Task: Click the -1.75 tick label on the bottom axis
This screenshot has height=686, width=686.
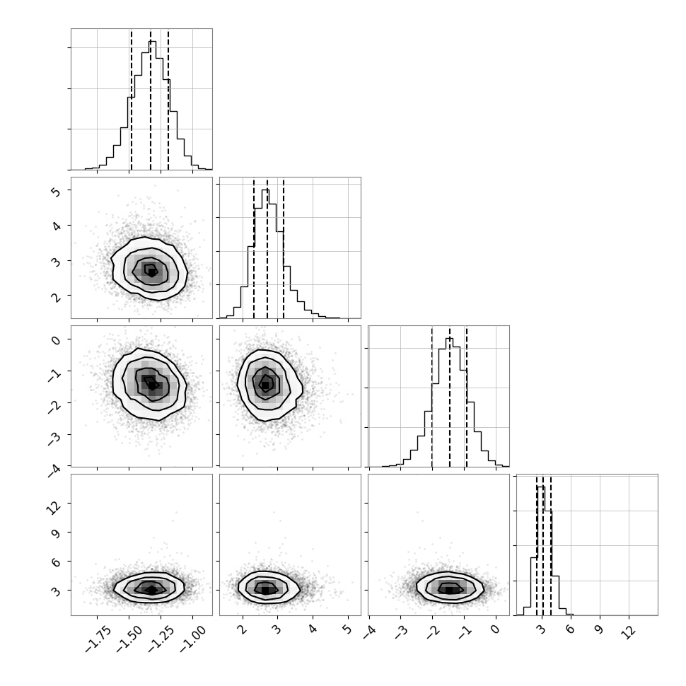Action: (98, 639)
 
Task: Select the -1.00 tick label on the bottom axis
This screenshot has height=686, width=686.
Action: (193, 639)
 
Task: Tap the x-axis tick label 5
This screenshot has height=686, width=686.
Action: (348, 629)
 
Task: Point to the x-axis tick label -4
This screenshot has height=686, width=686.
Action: (369, 630)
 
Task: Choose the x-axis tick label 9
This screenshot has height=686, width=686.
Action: (600, 629)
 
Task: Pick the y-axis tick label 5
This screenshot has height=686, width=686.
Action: (57, 190)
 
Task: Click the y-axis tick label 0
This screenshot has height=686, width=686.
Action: (57, 339)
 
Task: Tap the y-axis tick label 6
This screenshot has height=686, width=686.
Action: (57, 562)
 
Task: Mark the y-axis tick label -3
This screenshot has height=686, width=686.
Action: (54, 438)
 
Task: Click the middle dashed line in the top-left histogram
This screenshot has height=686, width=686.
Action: (151, 99)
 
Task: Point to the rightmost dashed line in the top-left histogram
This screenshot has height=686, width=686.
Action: (168, 99)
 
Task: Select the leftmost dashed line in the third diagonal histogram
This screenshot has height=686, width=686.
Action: (432, 396)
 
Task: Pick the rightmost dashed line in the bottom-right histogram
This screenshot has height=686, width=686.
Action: (551, 545)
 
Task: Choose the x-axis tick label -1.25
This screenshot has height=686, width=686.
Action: (161, 639)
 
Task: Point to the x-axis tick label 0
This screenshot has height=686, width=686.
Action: (495, 629)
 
